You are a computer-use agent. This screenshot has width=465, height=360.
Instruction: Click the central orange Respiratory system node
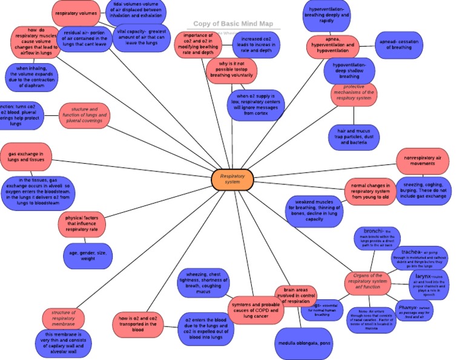click(232, 179)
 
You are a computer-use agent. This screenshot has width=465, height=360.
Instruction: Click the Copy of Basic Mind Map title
click(233, 24)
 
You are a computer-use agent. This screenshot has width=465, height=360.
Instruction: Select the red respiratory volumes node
click(76, 13)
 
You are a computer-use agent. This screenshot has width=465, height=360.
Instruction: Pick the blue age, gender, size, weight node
click(88, 255)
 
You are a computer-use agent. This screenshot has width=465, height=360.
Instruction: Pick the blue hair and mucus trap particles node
click(354, 138)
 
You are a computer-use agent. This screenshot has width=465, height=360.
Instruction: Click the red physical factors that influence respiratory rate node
click(82, 223)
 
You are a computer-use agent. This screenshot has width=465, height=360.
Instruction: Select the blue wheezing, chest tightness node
click(204, 283)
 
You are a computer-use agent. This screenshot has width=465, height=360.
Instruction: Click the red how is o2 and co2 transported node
click(137, 324)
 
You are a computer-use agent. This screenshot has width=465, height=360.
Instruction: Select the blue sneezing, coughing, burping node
click(424, 190)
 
